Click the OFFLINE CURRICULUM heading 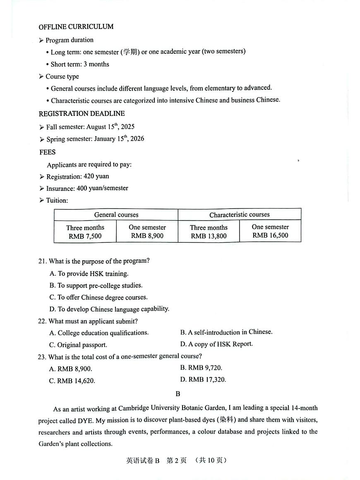point(76,27)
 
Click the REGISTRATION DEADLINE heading point(82,114)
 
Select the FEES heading point(48,152)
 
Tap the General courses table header point(116,215)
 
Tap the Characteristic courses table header point(239,215)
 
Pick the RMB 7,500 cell point(85,236)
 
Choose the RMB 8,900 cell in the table point(147,236)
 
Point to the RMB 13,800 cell point(209,236)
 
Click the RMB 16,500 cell point(270,235)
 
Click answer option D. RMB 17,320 point(203,379)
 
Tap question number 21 point(42,261)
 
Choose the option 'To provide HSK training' point(89,274)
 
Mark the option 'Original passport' point(78,345)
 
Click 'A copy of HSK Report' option point(216,344)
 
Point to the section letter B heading point(178,394)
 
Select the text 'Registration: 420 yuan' point(77,176)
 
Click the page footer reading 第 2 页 point(176,461)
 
